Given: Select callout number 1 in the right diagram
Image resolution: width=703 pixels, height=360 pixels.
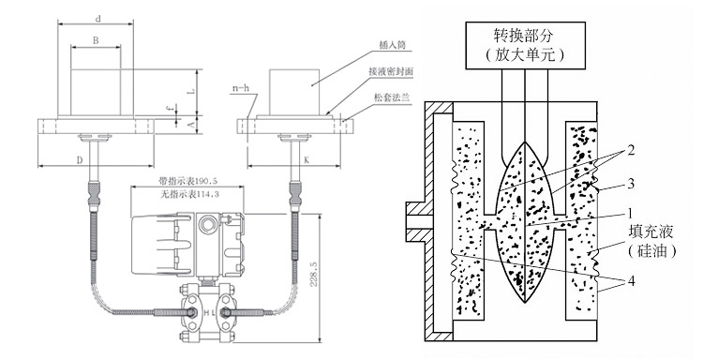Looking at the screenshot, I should pyautogui.click(x=611, y=213).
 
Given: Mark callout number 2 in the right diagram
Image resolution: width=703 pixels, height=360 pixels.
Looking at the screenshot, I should pyautogui.click(x=611, y=149).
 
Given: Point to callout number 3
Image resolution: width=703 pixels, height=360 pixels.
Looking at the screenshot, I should pyautogui.click(x=611, y=183).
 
